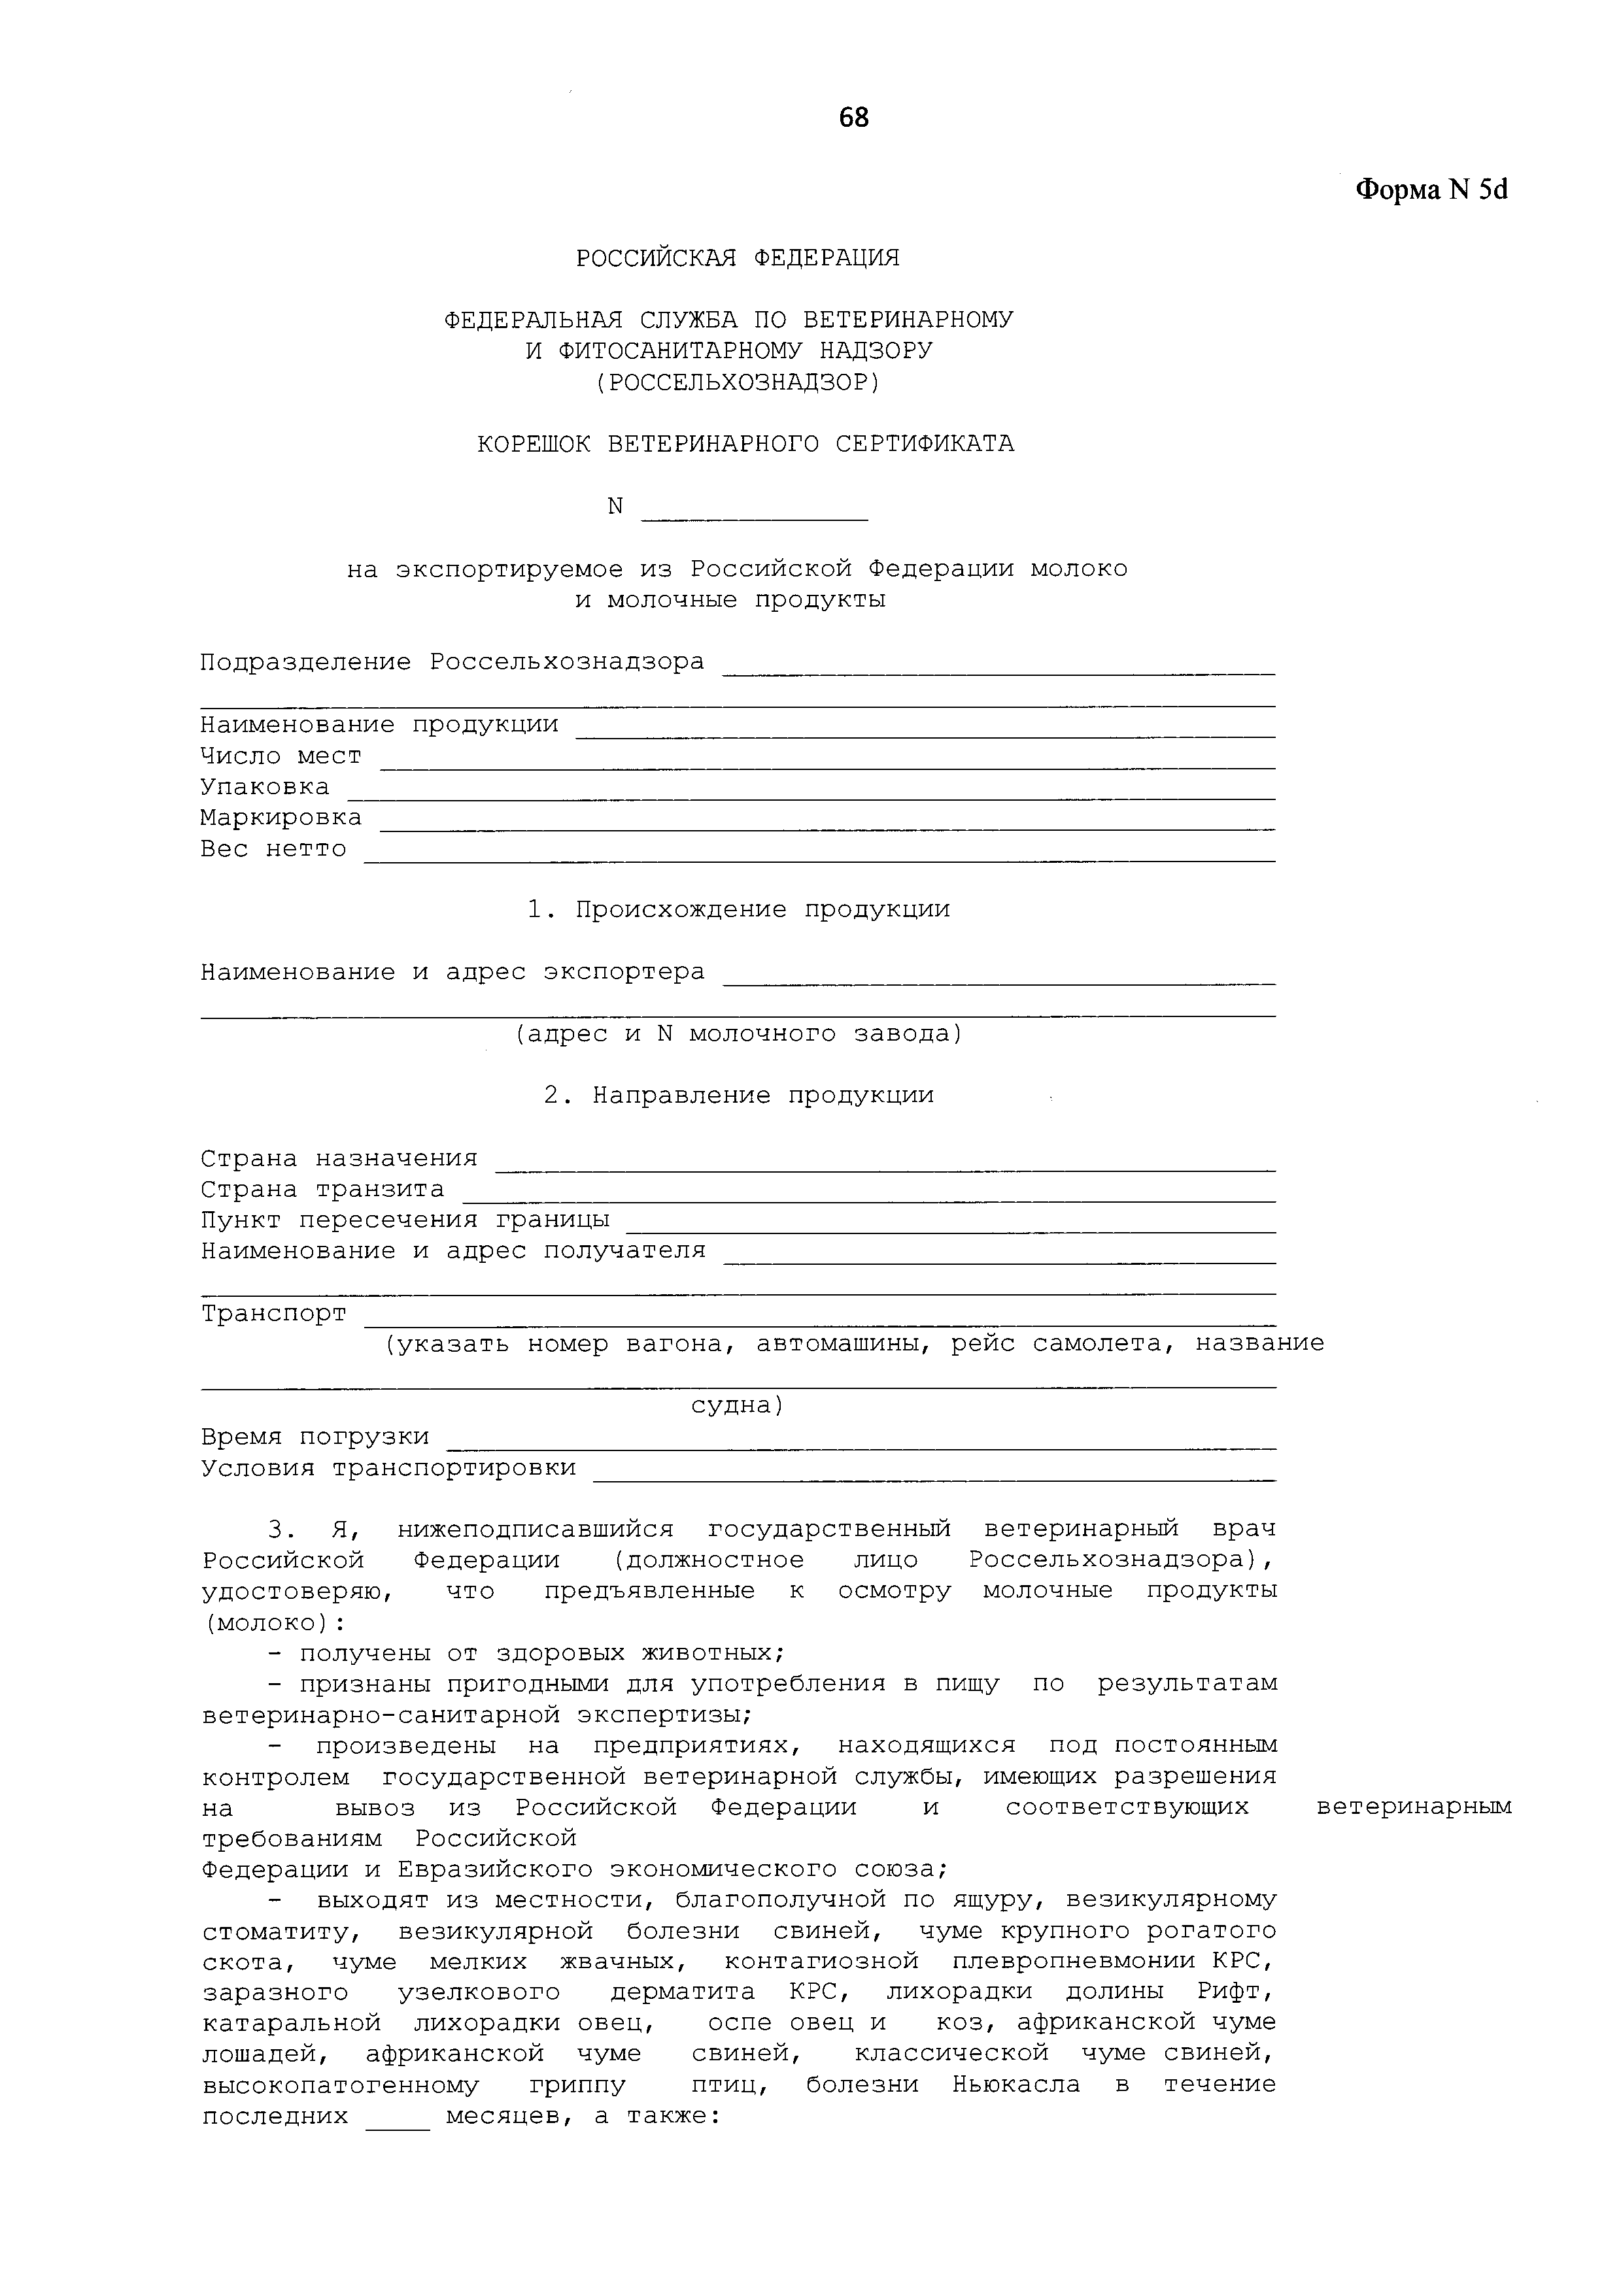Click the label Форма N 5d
(1430, 189)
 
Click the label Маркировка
(281, 818)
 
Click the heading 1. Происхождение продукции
(738, 910)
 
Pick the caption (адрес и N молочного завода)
(738, 1033)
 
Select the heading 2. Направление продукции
(738, 1096)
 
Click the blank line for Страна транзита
(869, 1199)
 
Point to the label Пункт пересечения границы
(405, 1220)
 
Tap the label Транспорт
(273, 1313)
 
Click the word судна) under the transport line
(738, 1406)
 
